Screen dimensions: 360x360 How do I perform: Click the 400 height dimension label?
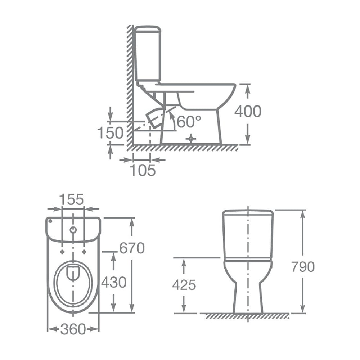(248, 111)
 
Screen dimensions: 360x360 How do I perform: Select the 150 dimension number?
(111, 133)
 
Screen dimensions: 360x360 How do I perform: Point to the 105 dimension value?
(143, 170)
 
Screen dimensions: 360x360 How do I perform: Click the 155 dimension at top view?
(72, 199)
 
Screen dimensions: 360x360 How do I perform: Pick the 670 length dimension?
(132, 248)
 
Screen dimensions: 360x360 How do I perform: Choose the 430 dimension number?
(114, 282)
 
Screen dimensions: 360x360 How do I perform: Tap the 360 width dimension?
(73, 329)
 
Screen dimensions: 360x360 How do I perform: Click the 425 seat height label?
(184, 285)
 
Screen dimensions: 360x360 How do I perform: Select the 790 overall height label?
(303, 267)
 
